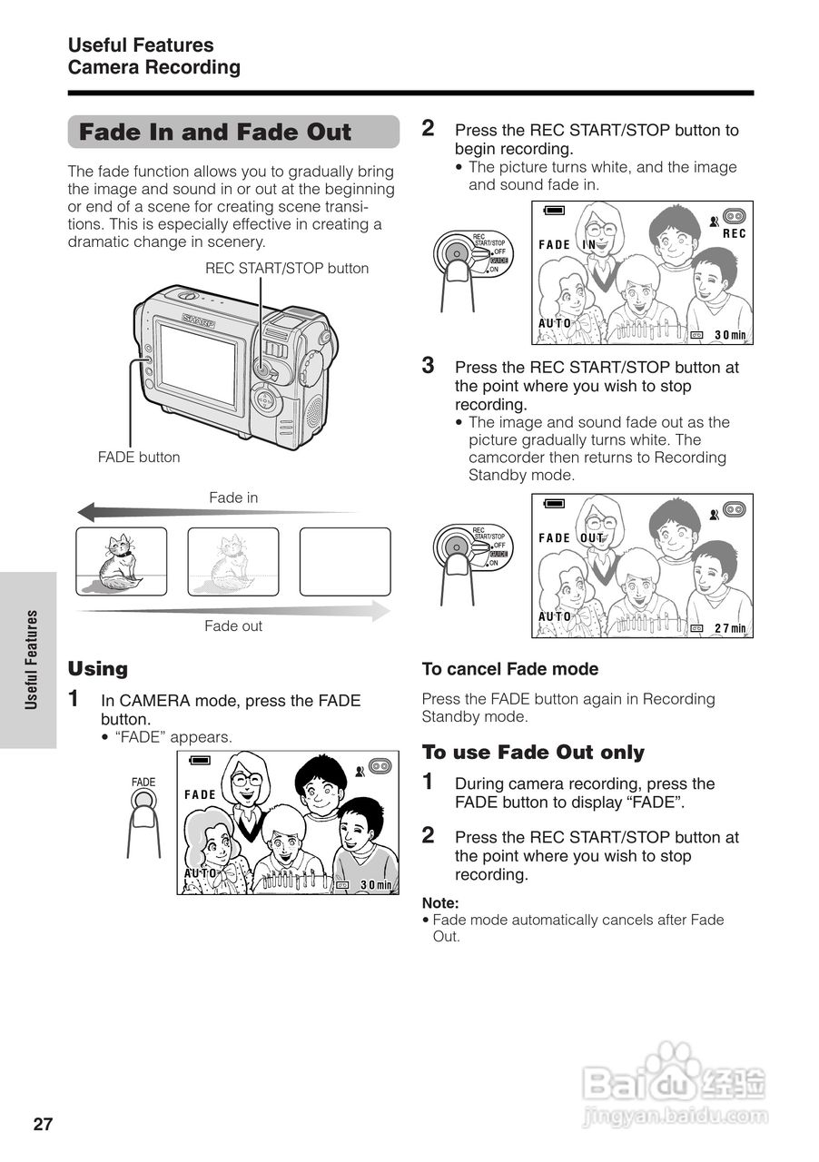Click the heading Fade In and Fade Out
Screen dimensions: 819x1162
[x=215, y=133]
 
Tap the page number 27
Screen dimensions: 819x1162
[x=44, y=1125]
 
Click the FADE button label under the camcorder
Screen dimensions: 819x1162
[x=139, y=458]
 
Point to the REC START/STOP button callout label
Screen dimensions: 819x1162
[x=287, y=268]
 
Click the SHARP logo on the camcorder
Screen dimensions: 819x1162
[x=199, y=320]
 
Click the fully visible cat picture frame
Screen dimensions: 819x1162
[x=122, y=561]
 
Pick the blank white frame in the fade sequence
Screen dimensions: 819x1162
[x=345, y=561]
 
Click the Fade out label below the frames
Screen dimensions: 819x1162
[x=233, y=625]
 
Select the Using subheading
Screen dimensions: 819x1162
[x=98, y=669]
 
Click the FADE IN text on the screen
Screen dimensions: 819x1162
[x=567, y=245]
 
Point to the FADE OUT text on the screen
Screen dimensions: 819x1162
[x=571, y=538]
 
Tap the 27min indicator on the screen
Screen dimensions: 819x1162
[x=729, y=628]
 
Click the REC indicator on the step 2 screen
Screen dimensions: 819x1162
[x=734, y=234]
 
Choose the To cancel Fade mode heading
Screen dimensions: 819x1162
[x=510, y=669]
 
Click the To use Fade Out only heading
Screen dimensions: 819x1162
[x=533, y=753]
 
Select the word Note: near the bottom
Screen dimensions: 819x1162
[x=440, y=902]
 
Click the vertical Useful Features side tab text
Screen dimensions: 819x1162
[x=32, y=659]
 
